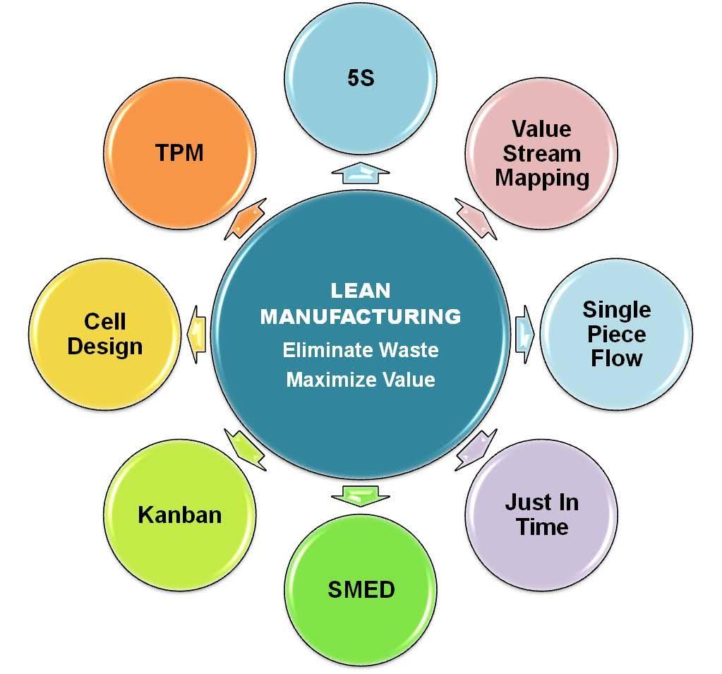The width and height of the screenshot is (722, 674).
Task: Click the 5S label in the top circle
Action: coord(361,78)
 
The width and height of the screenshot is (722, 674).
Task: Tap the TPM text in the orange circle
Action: coord(179,152)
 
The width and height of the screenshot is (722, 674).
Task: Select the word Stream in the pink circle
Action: coord(541,153)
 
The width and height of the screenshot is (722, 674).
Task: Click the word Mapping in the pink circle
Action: coord(541,177)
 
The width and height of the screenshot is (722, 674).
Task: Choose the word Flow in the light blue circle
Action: coord(616,358)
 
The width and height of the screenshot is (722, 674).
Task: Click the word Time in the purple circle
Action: coord(541,526)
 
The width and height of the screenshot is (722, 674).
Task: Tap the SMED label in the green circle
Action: coord(361,589)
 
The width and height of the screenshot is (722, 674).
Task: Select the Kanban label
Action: coord(179,514)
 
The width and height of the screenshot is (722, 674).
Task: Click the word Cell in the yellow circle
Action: coord(104,322)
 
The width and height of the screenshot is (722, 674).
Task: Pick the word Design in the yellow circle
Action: coord(104,347)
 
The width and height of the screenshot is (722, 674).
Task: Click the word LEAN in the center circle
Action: coord(360,291)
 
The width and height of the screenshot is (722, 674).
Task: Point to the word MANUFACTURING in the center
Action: coord(360,316)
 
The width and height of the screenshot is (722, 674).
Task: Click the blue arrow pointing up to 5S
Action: coord(361,173)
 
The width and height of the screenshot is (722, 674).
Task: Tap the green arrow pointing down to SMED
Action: coord(361,495)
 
